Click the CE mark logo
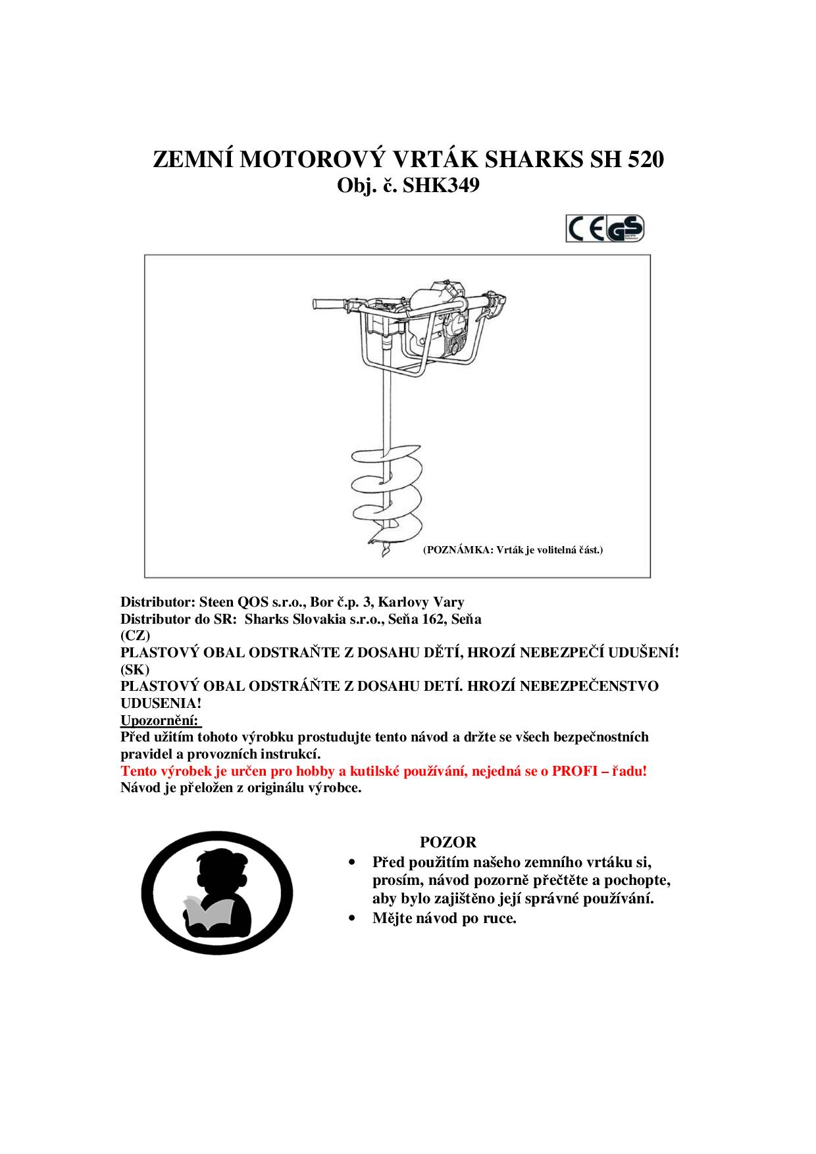tap(586, 229)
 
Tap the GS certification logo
tap(625, 229)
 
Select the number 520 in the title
tap(643, 160)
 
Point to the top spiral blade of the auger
tap(372, 457)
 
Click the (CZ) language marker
tap(135, 636)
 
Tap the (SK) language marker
tap(135, 669)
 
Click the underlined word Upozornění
tap(159, 720)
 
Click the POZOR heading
tap(448, 842)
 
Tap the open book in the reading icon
tap(205, 911)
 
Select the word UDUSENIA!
tap(161, 703)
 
